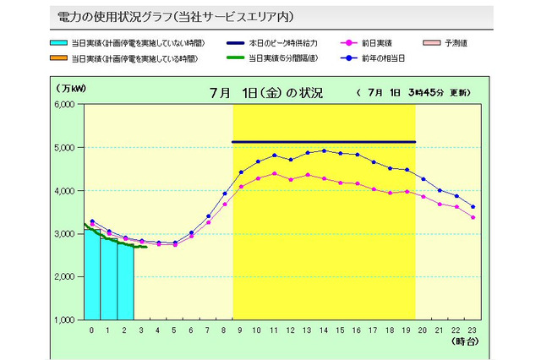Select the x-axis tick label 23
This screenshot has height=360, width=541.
click(473, 330)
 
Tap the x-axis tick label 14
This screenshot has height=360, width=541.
click(324, 330)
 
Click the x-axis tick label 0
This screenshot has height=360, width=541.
click(92, 330)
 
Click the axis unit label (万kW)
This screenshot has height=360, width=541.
click(73, 87)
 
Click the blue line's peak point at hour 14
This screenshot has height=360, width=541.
click(324, 150)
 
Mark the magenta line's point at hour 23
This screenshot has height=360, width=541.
click(473, 217)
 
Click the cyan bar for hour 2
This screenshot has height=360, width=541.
click(125, 282)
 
